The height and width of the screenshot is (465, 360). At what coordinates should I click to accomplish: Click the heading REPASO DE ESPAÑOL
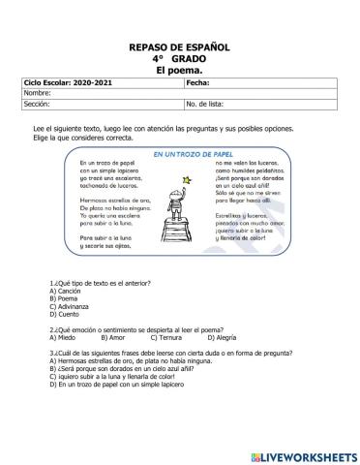click(x=179, y=46)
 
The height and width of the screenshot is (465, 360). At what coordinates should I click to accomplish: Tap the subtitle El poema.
click(x=179, y=71)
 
